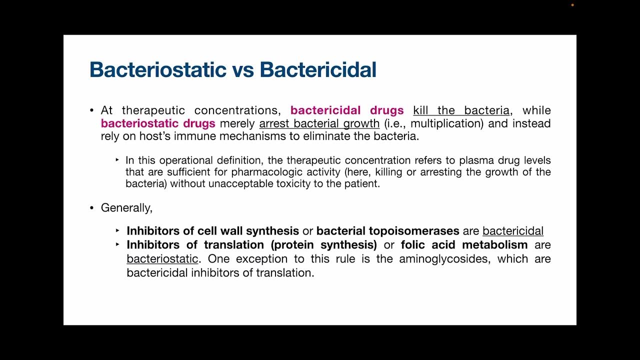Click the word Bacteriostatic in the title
click(158, 69)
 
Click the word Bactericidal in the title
click(318, 69)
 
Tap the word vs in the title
click(243, 70)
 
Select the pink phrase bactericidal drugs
click(346, 110)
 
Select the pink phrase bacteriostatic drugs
click(158, 123)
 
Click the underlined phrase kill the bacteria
click(461, 110)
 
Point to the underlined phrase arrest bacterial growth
click(319, 123)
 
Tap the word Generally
click(126, 207)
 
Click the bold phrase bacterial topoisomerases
click(387, 231)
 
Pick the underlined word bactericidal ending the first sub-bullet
click(512, 231)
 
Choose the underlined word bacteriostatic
click(162, 259)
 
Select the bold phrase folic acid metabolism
click(464, 245)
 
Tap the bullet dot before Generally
click(91, 207)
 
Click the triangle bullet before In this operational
click(117, 160)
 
